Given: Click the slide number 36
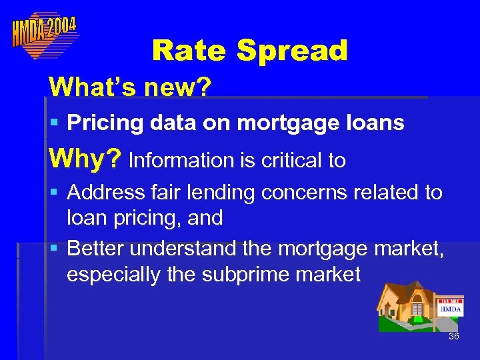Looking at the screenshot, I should [454, 336].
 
